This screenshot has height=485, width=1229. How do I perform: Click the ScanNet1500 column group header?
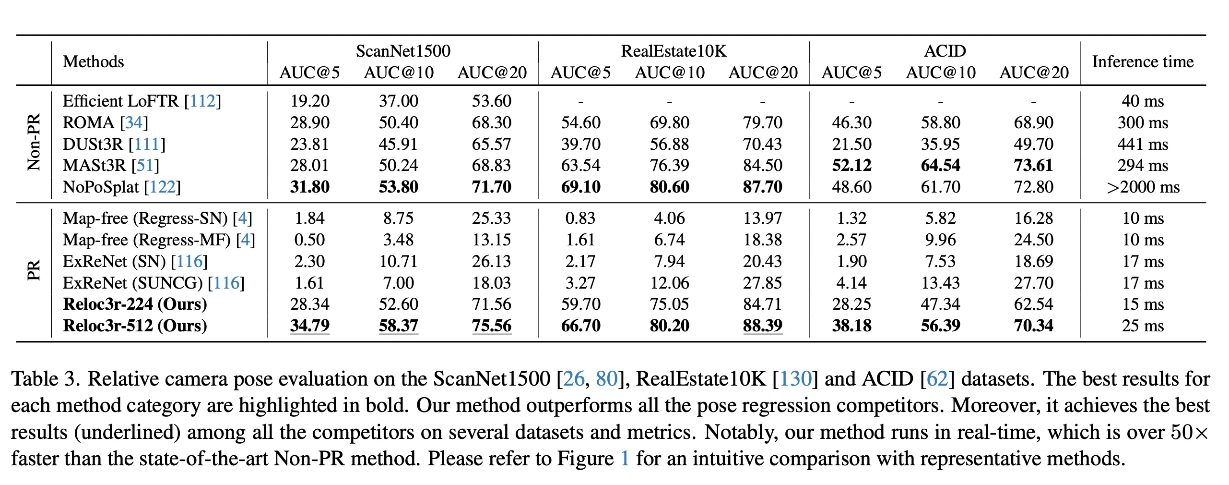click(403, 51)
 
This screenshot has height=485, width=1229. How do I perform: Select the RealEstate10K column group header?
click(674, 51)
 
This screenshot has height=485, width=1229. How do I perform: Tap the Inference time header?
click(1143, 62)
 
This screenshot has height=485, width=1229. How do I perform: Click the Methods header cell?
click(93, 62)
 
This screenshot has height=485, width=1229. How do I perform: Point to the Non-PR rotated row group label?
click(34, 143)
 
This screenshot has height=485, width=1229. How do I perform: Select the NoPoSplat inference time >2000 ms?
click(1143, 187)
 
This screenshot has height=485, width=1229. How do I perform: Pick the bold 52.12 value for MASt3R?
click(851, 165)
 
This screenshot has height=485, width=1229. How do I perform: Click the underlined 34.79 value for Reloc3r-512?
click(309, 326)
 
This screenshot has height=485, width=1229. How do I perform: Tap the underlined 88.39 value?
click(762, 326)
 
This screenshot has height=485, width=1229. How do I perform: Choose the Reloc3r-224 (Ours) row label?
click(135, 304)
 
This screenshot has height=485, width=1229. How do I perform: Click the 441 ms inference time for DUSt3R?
click(1143, 144)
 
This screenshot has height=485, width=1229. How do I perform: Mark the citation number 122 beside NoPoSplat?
click(163, 187)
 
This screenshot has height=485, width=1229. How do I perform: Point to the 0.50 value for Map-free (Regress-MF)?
click(309, 240)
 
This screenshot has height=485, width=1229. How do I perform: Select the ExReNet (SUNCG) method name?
click(133, 283)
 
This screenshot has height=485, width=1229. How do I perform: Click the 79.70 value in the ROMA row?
click(762, 122)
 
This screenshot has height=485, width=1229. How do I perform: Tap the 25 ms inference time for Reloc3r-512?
click(1143, 326)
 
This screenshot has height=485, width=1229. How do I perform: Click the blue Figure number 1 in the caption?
click(625, 459)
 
